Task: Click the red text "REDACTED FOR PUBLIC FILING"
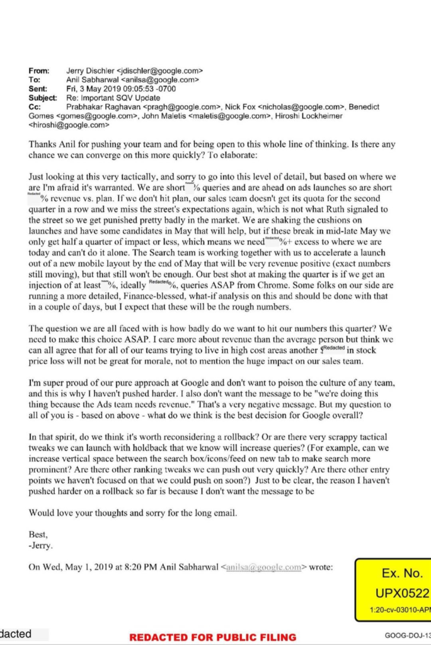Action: click(212, 637)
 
